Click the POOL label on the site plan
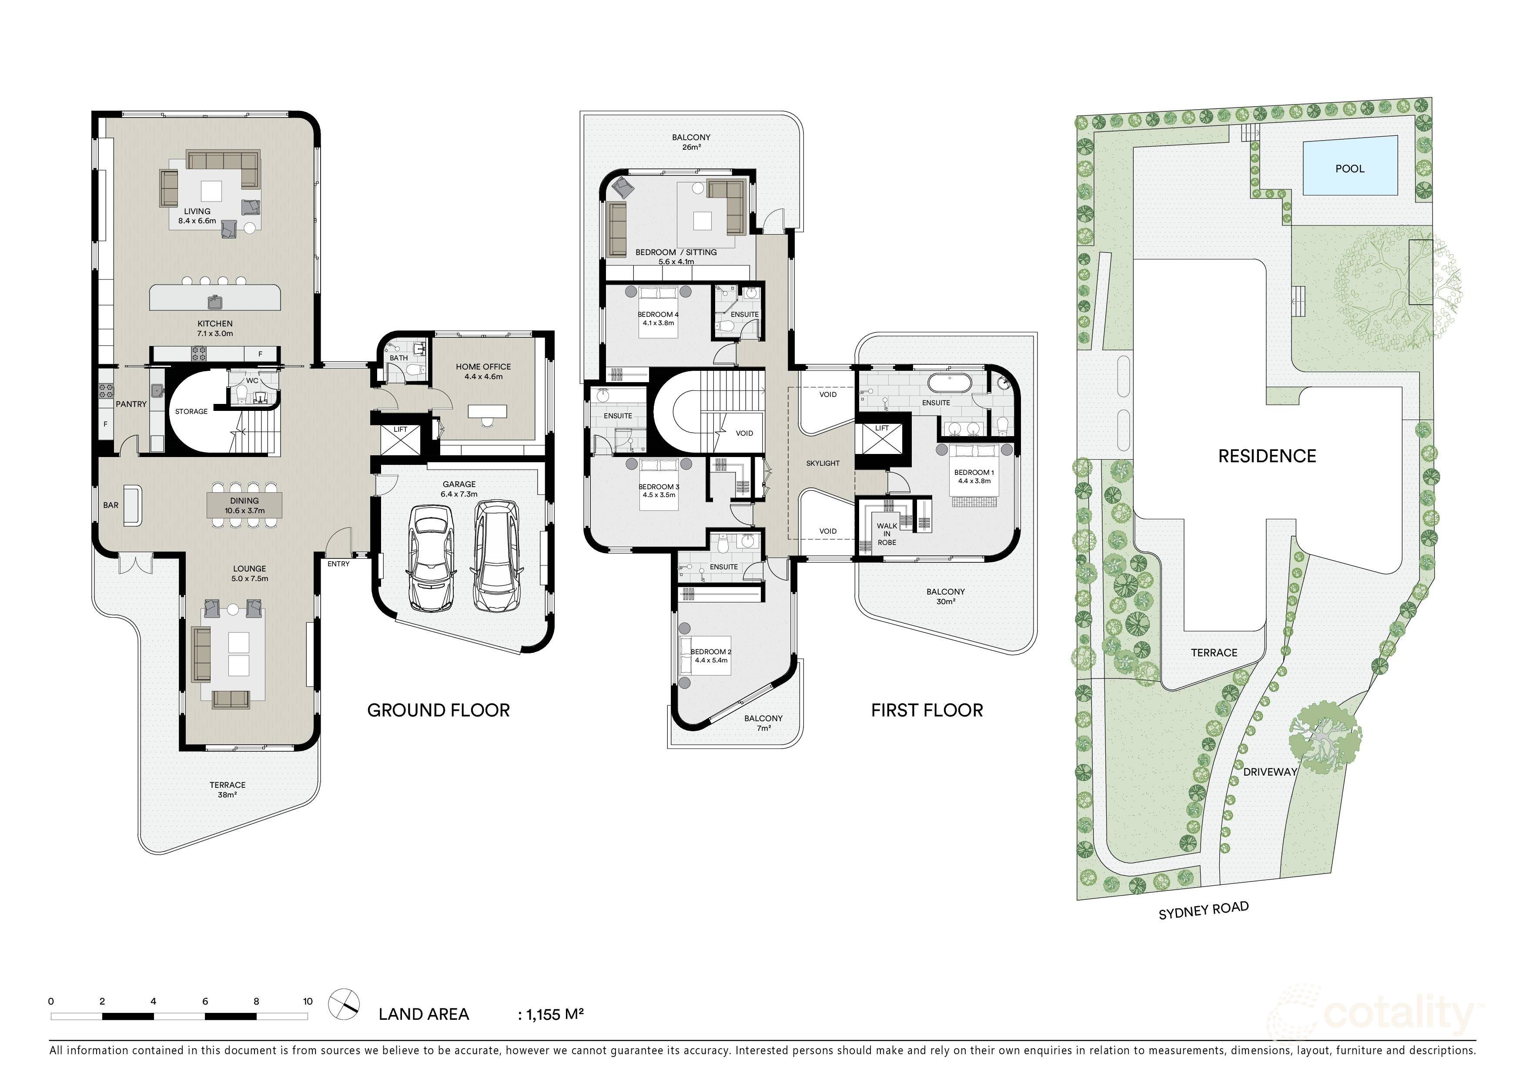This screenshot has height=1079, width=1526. click(1349, 169)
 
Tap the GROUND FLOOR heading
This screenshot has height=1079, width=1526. click(438, 711)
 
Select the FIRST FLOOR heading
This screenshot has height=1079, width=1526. click(927, 711)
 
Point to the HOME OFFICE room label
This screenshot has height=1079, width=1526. click(483, 367)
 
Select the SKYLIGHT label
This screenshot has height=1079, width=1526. click(823, 464)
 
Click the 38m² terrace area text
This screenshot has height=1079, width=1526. click(228, 795)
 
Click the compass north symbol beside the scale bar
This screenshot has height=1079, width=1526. click(344, 1005)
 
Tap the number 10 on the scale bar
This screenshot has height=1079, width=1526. click(308, 1001)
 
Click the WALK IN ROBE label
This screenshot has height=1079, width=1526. click(887, 534)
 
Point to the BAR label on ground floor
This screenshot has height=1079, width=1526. click(110, 505)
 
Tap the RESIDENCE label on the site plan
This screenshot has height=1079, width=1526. click(1267, 456)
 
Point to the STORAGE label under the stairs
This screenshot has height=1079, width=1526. click(191, 411)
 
